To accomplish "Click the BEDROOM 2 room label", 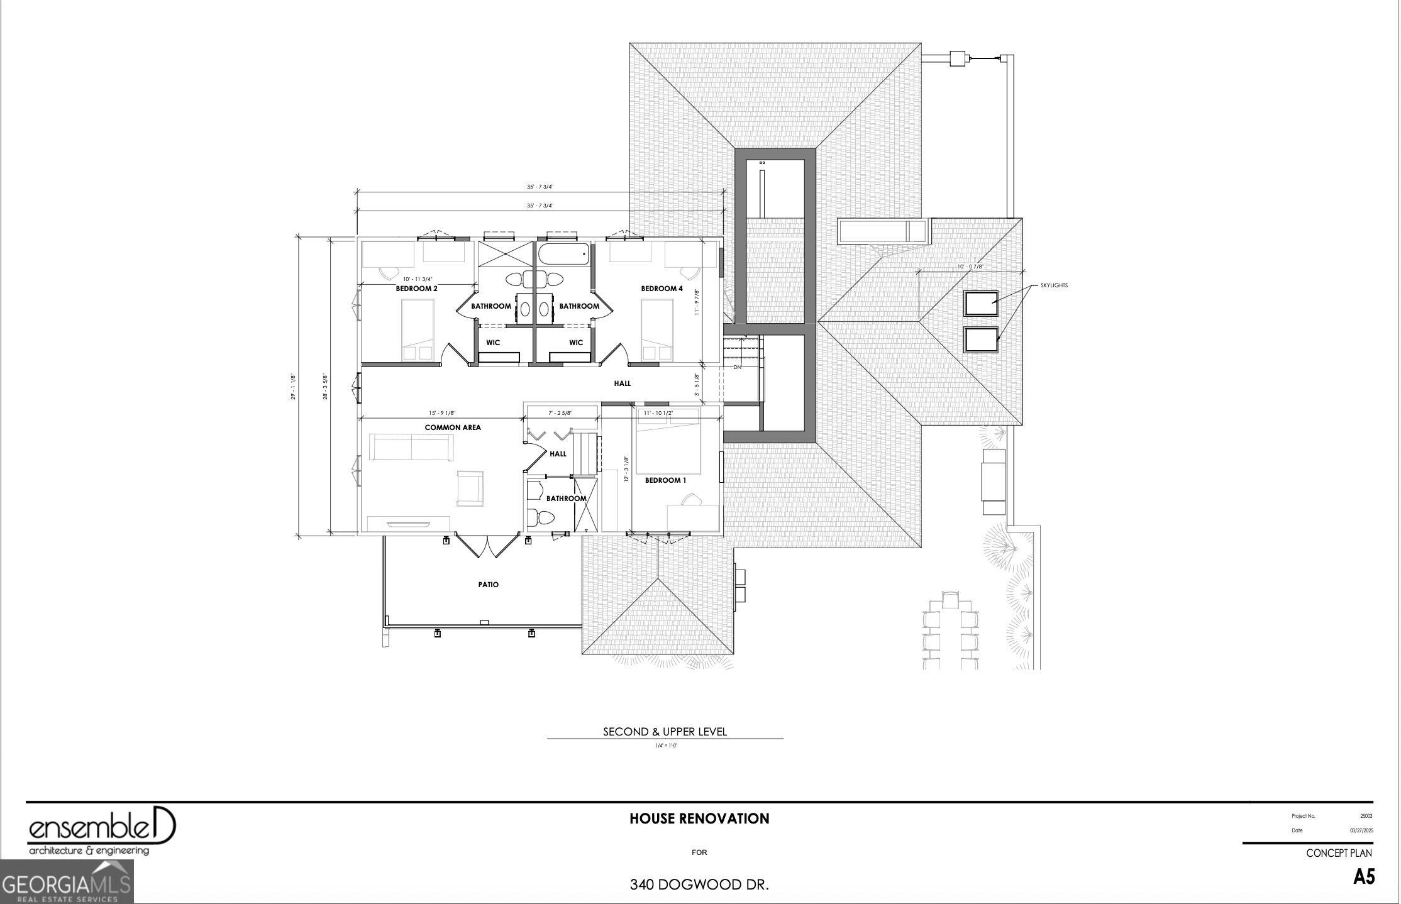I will tap(416, 289).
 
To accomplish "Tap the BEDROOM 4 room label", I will tap(662, 289).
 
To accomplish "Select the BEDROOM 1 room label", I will tap(665, 480).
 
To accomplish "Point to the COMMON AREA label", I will tap(453, 427).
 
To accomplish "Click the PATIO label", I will tap(488, 585).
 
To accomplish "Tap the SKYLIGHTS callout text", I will tap(1054, 285).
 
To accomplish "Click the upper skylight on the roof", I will tap(981, 303).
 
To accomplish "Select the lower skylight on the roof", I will tap(981, 339).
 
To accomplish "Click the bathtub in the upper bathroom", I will tap(563, 255).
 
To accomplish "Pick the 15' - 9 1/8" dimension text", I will tap(442, 413).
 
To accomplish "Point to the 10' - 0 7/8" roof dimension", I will tap(970, 267).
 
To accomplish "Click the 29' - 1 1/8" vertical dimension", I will tap(294, 387).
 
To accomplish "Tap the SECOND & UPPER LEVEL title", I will tap(665, 732).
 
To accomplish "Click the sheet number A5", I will tap(1364, 877).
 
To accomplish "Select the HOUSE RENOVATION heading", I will tap(699, 819).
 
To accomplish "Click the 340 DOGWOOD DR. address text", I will tap(699, 885).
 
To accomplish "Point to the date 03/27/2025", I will tap(1361, 830).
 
